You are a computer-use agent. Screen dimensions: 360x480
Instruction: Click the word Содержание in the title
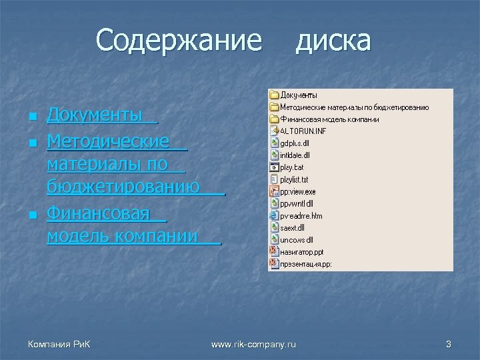179,41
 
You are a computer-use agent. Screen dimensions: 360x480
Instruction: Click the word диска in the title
333,41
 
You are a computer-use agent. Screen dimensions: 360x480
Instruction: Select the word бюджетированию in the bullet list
123,189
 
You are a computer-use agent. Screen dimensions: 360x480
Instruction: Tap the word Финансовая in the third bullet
98,215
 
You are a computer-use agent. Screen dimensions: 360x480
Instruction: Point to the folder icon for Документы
274,95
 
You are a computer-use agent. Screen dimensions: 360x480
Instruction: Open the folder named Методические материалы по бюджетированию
354,107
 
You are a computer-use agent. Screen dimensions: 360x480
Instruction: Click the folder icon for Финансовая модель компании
274,119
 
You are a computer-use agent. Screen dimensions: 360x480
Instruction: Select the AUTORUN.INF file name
303,131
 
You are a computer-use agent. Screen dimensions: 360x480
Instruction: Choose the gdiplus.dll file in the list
295,143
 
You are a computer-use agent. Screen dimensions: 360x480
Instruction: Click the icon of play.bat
274,167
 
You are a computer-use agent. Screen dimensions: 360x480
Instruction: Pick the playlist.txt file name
294,179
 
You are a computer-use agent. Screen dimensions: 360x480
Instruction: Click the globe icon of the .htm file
274,215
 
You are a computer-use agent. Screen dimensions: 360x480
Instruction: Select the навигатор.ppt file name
301,251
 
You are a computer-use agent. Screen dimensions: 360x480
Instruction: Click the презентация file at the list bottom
305,263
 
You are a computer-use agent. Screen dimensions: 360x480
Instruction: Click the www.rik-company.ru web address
253,344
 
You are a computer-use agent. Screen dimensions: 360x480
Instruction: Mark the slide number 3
449,344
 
